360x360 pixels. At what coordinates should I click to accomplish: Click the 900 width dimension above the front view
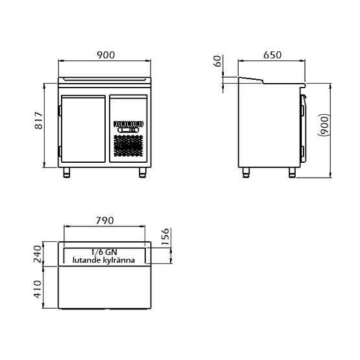coord(106,55)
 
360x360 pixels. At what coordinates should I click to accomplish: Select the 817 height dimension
coord(39,120)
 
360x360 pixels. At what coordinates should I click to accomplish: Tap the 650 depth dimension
coord(272,55)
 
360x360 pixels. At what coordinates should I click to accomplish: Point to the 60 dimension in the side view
coord(217,61)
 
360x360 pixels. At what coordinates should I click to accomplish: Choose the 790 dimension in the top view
coord(104,221)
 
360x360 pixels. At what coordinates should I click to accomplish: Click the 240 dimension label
coord(38,254)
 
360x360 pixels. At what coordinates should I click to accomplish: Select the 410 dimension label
coord(38,289)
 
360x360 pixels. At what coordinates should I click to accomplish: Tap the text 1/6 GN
coord(104,252)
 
